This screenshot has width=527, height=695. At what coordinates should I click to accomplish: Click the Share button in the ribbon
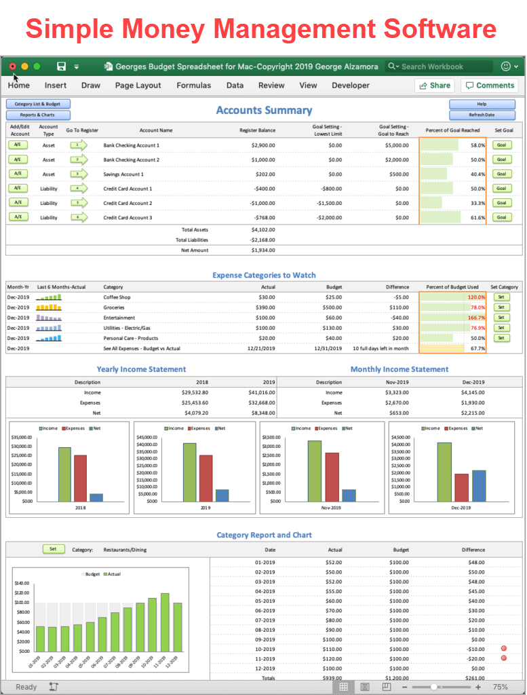pos(434,86)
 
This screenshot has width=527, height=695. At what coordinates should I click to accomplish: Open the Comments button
pos(489,86)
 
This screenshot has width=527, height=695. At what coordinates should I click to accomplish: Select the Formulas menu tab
pos(193,86)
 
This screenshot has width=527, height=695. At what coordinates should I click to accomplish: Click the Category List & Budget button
pos(38,105)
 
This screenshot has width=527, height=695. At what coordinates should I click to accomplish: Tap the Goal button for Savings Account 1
pos(501,174)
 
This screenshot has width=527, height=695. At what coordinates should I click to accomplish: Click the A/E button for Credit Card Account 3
pos(18,217)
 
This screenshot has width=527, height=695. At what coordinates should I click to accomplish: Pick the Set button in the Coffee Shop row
pos(501,297)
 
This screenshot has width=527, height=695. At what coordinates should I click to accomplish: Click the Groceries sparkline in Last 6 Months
pos(49,307)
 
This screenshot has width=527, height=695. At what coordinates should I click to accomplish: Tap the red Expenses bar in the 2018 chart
pos(80,477)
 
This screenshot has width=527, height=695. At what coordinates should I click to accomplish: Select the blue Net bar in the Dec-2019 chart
pos(479,485)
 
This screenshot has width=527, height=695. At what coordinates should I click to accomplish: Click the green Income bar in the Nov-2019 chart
pos(315,470)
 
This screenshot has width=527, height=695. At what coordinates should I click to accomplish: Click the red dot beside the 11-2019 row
pos(503,658)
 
